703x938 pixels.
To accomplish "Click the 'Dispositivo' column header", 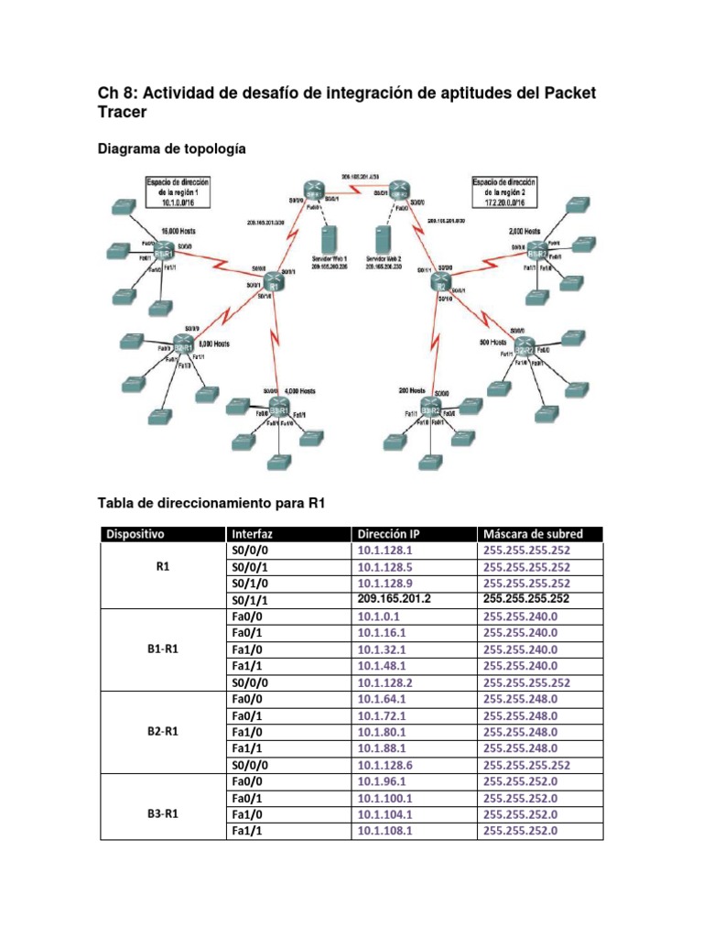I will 135,533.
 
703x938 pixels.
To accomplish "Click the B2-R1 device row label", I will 162,731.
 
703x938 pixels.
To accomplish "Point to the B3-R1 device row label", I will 162,813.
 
